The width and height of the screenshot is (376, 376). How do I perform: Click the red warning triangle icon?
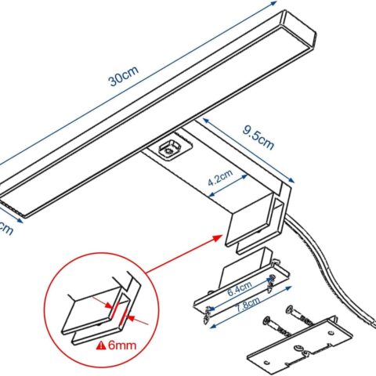click(x=101, y=345)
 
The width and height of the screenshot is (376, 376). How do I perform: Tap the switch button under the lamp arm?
click(x=169, y=147)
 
